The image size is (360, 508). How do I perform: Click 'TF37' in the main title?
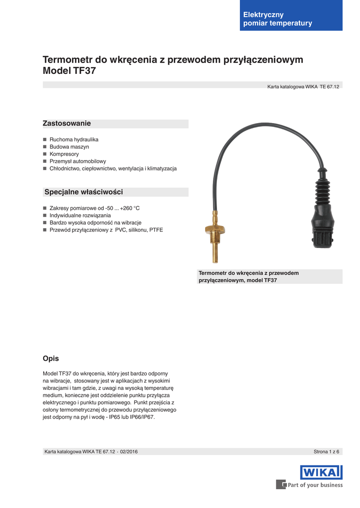(84, 71)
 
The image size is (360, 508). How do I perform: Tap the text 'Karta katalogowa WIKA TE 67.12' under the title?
(303, 86)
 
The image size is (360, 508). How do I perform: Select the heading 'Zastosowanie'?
(67, 123)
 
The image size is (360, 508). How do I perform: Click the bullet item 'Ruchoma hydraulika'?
(74, 139)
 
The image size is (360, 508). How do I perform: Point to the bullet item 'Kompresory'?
(64, 154)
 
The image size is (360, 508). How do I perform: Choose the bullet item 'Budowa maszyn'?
(69, 147)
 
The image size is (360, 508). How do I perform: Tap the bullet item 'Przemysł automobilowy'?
(77, 161)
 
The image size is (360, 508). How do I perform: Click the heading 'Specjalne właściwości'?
(83, 192)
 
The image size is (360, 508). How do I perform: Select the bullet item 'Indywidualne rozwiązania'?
(80, 215)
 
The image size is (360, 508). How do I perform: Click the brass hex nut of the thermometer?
(215, 230)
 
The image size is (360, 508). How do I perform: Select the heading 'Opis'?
(51, 358)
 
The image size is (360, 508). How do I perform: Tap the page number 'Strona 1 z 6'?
(326, 451)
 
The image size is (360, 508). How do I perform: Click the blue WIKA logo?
(321, 472)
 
